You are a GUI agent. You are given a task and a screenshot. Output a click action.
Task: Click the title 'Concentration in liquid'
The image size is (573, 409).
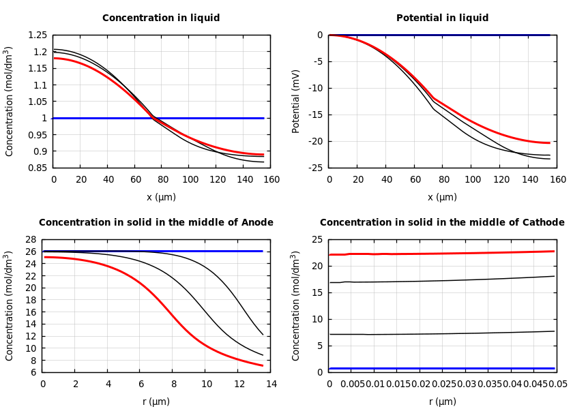[161, 18]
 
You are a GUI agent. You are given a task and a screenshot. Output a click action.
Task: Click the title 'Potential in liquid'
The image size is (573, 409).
[442, 18]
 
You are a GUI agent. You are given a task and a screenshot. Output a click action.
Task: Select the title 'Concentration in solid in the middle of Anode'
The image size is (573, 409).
[156, 223]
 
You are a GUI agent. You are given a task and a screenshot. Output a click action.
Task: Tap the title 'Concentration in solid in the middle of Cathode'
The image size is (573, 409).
[442, 223]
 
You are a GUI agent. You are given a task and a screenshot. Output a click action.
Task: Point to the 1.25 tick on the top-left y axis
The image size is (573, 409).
[38, 35]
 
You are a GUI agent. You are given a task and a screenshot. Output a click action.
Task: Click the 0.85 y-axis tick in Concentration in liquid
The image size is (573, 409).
[38, 168]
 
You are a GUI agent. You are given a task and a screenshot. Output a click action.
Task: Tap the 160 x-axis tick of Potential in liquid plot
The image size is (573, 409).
[557, 179]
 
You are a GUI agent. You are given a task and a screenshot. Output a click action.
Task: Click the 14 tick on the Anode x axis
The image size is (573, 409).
[271, 384]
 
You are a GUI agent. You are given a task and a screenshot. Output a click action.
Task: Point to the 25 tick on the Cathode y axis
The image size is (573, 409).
[317, 239]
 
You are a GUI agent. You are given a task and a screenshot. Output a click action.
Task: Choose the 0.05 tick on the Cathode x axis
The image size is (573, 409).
[559, 384]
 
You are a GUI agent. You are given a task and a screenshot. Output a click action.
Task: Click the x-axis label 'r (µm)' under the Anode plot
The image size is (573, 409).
[156, 402]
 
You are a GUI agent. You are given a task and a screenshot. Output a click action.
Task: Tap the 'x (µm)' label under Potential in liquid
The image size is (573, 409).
[442, 197]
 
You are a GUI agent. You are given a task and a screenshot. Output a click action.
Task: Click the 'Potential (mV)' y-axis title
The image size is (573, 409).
[296, 101]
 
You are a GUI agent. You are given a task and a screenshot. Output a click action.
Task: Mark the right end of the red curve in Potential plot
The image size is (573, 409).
[550, 142]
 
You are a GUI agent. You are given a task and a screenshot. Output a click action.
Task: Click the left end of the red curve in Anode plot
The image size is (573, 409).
[44, 257]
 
